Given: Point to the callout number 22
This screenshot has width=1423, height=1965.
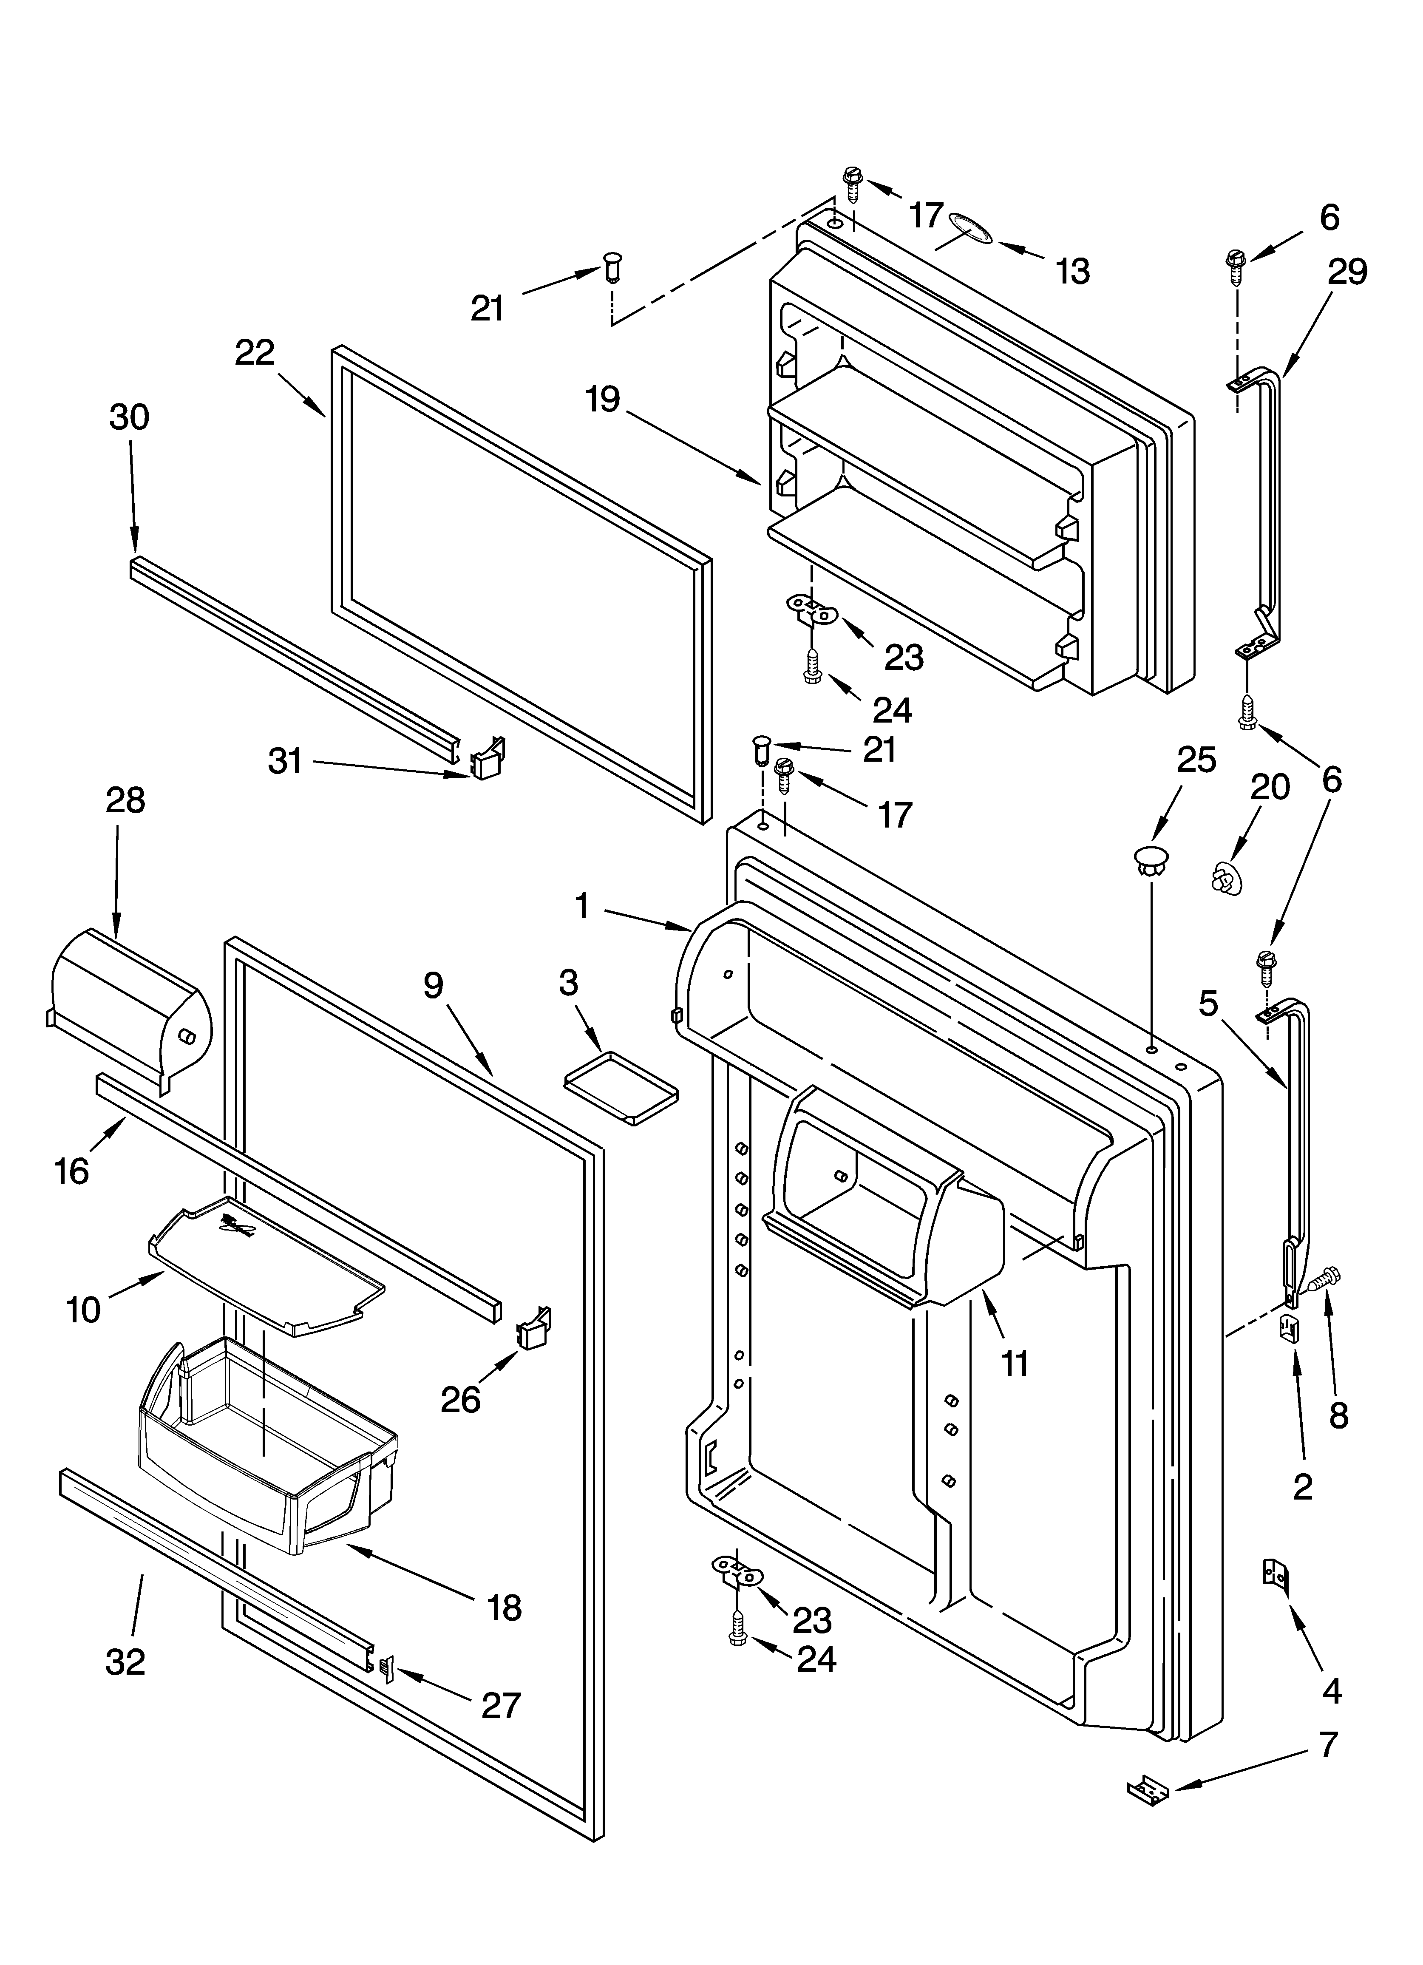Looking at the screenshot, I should coord(254,352).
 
